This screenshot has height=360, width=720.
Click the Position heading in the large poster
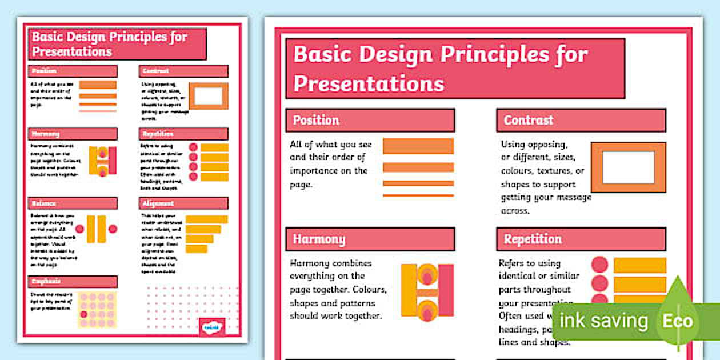pyautogui.click(x=316, y=120)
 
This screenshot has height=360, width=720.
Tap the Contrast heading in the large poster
pyautogui.click(x=529, y=120)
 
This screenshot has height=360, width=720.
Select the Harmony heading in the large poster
pyautogui.click(x=319, y=239)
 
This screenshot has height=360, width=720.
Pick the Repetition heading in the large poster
pyautogui.click(x=533, y=239)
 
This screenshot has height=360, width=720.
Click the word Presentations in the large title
pyautogui.click(x=369, y=83)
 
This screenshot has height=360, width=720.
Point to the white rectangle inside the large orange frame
pyautogui.click(x=628, y=167)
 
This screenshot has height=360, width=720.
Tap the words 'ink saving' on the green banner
pyautogui.click(x=603, y=321)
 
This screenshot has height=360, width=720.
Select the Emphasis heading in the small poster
pyautogui.click(x=46, y=281)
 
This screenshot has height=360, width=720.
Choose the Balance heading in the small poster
pyautogui.click(x=44, y=203)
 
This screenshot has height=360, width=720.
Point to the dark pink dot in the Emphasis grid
pyautogui.click(x=84, y=314)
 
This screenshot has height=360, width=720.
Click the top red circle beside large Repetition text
pyautogui.click(x=599, y=265)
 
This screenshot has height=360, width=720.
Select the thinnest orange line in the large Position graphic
pyautogui.click(x=418, y=195)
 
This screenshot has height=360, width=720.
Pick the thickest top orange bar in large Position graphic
pyautogui.click(x=418, y=146)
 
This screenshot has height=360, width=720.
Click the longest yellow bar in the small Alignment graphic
pyautogui.click(x=206, y=219)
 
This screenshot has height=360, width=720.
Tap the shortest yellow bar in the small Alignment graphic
pyautogui.click(x=196, y=249)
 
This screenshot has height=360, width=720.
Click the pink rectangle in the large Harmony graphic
pyautogui.click(x=446, y=290)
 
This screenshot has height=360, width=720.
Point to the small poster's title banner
pyautogui.click(x=117, y=44)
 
